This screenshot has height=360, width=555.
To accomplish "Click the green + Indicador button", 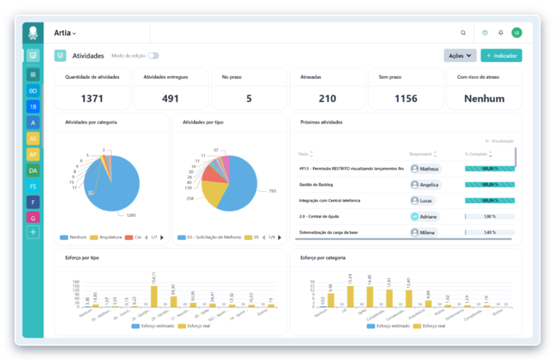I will (501, 55).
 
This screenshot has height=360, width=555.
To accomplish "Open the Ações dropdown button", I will (460, 55).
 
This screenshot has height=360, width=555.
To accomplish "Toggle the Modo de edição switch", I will (153, 56).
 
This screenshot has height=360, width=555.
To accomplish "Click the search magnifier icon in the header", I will (463, 33).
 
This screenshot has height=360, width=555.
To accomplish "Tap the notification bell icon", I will (501, 33).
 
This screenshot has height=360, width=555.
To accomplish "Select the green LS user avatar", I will (516, 33).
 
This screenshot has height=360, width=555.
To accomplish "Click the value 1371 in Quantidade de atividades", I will (92, 98).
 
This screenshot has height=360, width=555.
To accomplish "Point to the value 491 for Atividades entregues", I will (171, 98).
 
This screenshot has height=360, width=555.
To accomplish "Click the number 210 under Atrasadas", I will (327, 98).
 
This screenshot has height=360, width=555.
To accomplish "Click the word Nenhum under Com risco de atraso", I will (484, 98).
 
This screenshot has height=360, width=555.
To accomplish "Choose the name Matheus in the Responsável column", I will (429, 168).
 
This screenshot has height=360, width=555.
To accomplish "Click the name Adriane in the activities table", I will (429, 216).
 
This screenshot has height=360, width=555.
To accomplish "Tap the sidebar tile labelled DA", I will (33, 171).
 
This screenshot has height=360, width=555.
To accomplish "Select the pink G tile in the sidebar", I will (33, 217).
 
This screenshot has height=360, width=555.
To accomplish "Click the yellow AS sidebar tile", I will (33, 138).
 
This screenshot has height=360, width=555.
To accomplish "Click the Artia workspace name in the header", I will (64, 33).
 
